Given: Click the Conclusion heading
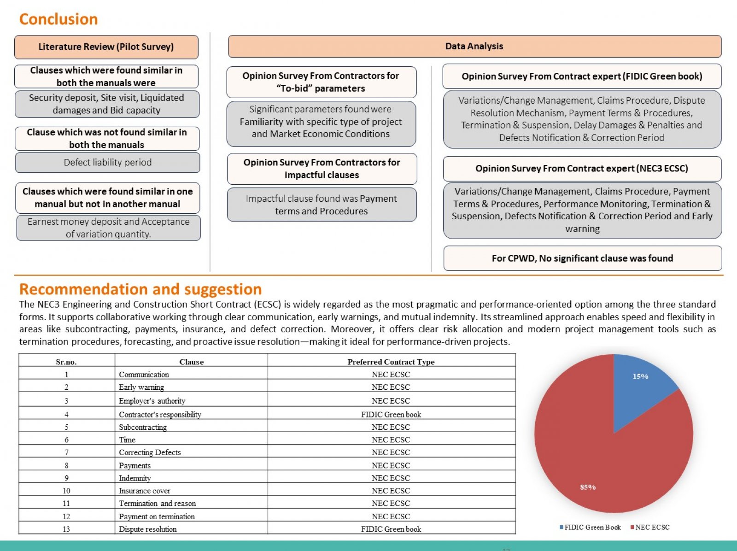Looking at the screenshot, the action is pos(58,19).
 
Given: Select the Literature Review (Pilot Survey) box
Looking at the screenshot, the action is pos(106,47).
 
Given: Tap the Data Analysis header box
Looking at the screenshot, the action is pos(474,47).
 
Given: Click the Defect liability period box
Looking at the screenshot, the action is pos(107,163).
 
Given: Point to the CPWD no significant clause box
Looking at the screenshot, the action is pos(583,258).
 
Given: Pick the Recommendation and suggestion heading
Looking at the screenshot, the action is pos(140,289).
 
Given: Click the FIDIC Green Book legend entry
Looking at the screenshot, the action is pos(590,527).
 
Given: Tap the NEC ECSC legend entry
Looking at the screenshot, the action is pos(650,527).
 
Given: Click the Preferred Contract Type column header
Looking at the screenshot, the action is pos(391,362).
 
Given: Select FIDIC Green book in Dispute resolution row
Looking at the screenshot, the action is pos(391,529).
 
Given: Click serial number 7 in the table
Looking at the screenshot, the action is pos(66,452).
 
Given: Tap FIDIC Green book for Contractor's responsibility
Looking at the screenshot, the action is pos(391,415).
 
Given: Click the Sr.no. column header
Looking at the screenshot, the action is pos(66,362).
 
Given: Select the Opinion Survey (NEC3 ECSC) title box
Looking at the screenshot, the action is pos(582,169).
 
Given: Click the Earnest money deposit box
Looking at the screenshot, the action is pos(108,228).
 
